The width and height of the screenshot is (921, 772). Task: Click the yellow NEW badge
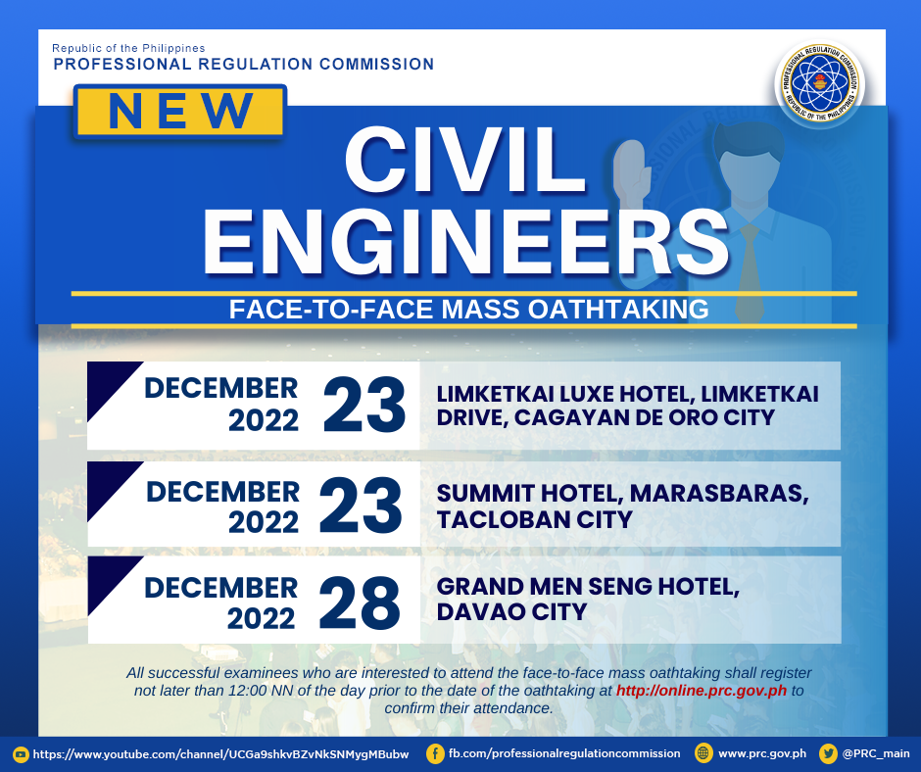(x=179, y=112)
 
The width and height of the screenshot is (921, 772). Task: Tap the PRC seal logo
(x=819, y=84)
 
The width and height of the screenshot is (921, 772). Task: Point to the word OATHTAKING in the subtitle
(x=618, y=309)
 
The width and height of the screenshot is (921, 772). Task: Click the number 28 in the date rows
(x=360, y=603)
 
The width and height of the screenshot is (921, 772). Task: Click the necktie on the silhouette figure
(x=750, y=270)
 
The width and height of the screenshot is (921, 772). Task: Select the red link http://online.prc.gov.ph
(x=702, y=691)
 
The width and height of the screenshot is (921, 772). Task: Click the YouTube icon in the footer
(x=21, y=754)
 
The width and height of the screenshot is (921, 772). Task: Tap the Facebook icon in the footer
(x=435, y=753)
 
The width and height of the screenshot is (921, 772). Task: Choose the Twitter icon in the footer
(x=828, y=753)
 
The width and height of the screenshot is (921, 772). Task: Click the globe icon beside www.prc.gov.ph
(x=703, y=753)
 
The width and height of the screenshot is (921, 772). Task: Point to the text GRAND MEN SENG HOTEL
(x=588, y=586)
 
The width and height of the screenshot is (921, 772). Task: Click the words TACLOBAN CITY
(x=535, y=519)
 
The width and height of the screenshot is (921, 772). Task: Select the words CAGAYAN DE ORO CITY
(x=645, y=417)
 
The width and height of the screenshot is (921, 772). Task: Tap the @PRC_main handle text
(x=876, y=753)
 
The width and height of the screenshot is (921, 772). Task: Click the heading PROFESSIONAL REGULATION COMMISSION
(x=244, y=64)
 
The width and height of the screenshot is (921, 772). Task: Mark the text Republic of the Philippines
(x=128, y=48)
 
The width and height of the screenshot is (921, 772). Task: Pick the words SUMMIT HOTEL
(x=530, y=493)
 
